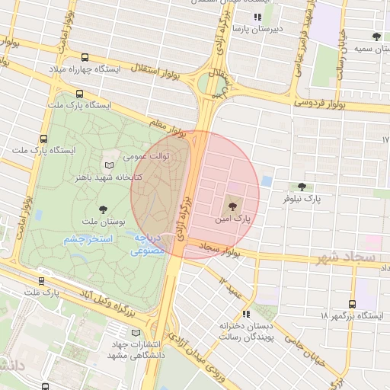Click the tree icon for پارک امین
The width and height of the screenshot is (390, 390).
[x=232, y=203]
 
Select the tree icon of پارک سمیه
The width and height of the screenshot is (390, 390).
[x=377, y=36]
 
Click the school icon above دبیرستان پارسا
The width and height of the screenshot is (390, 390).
[x=257, y=17]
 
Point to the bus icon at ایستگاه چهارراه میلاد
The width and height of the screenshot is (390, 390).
[x=84, y=57]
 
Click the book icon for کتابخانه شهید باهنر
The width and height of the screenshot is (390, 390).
[x=109, y=165]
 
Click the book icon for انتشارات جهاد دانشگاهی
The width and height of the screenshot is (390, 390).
[x=136, y=332]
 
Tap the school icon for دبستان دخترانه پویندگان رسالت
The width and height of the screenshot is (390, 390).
[x=246, y=312]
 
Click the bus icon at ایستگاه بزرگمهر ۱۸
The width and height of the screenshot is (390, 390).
[x=351, y=303]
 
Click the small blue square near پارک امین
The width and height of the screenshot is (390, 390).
[x=267, y=181]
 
